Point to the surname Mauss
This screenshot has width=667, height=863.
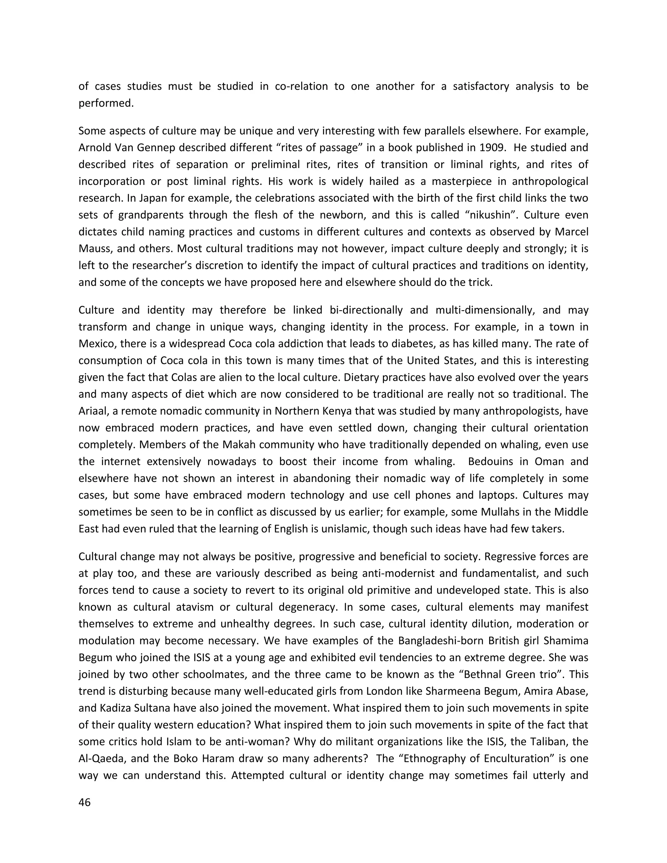pos(94,248)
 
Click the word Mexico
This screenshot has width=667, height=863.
pos(96,343)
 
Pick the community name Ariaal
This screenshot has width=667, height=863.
pos(93,411)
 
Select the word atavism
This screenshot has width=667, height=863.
pos(196,607)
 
